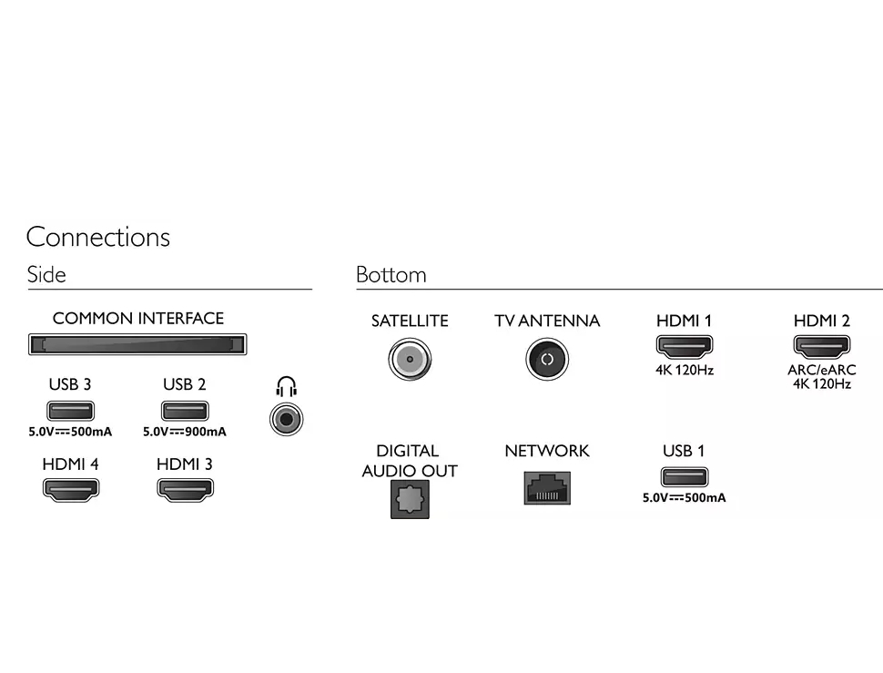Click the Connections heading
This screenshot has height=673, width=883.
98,238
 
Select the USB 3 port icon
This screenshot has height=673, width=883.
70,411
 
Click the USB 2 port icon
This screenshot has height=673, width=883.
185,411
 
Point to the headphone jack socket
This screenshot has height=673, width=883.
287,419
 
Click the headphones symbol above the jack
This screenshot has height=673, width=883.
287,387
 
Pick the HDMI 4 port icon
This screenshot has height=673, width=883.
70,489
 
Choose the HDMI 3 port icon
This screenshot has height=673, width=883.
185,489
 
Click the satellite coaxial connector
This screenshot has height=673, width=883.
410,360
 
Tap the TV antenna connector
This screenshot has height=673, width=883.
547,360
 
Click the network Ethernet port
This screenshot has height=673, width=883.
547,488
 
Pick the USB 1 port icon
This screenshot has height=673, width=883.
684,477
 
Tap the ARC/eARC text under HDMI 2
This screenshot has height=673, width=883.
822,371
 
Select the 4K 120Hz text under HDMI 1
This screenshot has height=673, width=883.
684,371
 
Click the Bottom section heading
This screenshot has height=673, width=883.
391,275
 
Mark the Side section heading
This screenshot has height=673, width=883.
46,275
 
